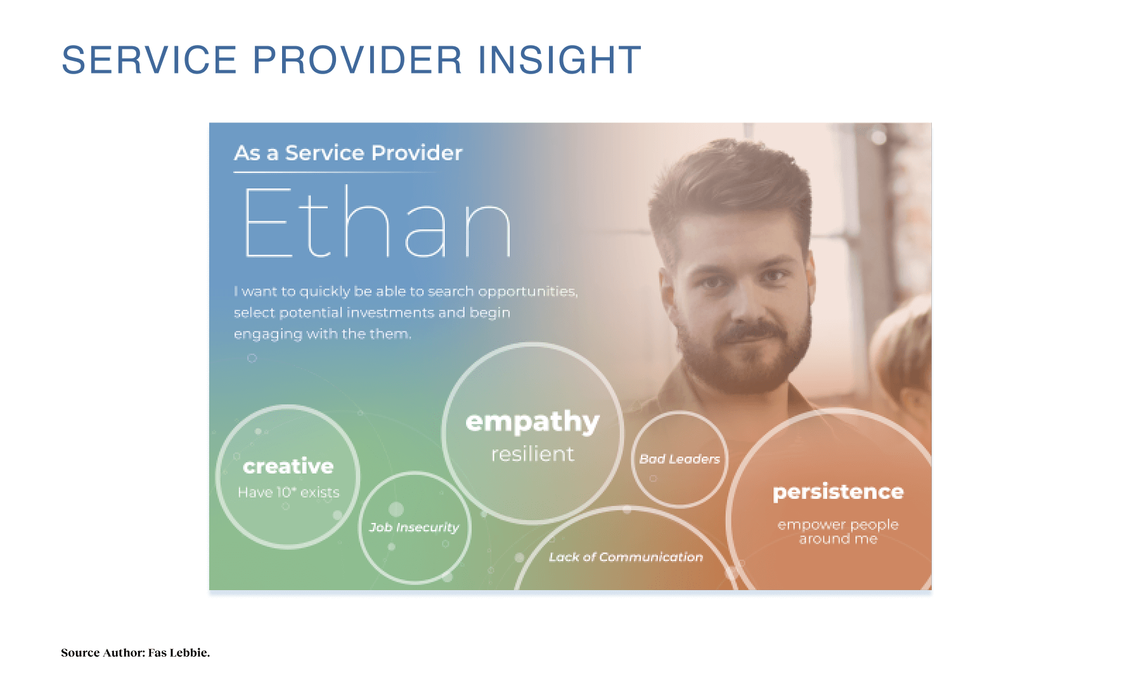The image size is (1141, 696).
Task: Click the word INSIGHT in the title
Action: click(559, 60)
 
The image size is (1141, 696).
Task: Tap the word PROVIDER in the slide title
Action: click(358, 60)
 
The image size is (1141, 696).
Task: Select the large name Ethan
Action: click(378, 222)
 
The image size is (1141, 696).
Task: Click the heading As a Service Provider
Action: click(348, 153)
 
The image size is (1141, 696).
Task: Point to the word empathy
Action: click(532, 422)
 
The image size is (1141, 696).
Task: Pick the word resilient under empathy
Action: click(532, 454)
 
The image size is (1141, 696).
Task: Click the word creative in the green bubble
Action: click(288, 467)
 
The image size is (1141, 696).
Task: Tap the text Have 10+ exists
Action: click(288, 493)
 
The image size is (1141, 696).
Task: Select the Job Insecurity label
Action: click(414, 527)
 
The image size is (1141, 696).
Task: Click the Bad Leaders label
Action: click(680, 459)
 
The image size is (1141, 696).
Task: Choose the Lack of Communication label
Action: click(626, 557)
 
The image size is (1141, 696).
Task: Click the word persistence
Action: click(838, 493)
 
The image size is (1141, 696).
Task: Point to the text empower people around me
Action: click(838, 532)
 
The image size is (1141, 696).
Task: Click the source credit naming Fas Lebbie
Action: click(135, 653)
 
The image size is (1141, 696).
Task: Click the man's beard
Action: click(745, 355)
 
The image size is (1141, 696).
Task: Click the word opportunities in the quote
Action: click(527, 292)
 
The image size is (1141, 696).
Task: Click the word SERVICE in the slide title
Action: click(149, 60)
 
